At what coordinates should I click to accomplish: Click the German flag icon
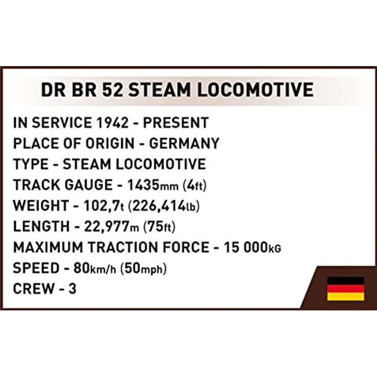(346, 289)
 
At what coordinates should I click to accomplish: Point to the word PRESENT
(176, 123)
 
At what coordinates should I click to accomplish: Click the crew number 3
(72, 289)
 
